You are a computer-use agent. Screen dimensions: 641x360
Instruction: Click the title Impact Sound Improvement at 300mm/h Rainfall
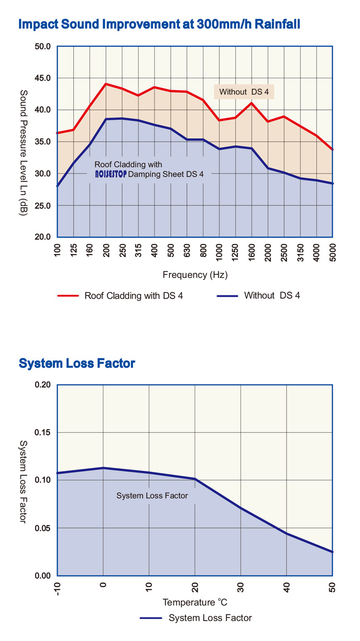[x=159, y=24]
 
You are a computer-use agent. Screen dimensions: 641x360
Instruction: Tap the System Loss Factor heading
[x=77, y=363]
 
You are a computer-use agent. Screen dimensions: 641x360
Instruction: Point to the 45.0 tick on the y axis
[x=43, y=78]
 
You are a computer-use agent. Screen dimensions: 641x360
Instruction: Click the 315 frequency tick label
[x=138, y=251]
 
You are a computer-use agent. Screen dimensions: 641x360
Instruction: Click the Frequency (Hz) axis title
[x=195, y=275]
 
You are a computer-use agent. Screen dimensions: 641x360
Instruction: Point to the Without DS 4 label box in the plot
[x=244, y=92]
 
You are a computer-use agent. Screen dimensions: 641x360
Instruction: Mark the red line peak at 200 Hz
[x=106, y=84]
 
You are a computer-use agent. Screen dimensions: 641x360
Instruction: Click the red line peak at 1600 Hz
[x=252, y=103]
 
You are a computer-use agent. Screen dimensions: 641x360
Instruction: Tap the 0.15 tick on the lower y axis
[x=43, y=433]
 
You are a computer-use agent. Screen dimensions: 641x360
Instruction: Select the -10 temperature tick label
[x=58, y=588]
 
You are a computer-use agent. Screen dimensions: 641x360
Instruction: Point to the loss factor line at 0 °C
[x=103, y=468]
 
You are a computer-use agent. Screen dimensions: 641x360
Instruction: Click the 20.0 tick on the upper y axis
[x=43, y=237]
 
